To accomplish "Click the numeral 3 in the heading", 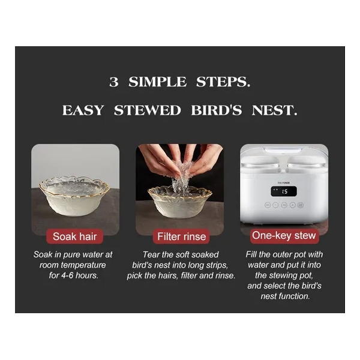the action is [114, 82].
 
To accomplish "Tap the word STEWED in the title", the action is [148, 110].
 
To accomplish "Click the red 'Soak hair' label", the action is [74, 236].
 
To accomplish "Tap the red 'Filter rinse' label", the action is [181, 236].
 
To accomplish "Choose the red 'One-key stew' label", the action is [284, 236].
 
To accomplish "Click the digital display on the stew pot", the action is [284, 191].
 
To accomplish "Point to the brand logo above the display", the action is [284, 183].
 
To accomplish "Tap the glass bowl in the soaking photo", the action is [74, 196].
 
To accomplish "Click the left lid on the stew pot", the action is [261, 162].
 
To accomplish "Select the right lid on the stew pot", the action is [306, 162].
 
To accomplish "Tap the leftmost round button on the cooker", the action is [268, 205].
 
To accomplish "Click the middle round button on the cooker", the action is [284, 205].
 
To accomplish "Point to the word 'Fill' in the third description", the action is [251, 254].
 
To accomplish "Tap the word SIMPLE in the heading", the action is [157, 82].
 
